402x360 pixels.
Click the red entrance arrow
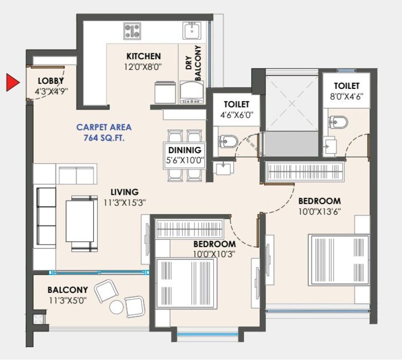[x=12, y=83]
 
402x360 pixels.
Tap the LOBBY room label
[x=50, y=81]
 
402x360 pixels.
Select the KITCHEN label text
[x=143, y=56]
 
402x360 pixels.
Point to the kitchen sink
[x=191, y=31]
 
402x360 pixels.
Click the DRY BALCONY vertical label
[x=194, y=63]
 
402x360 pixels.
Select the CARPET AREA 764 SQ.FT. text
[x=104, y=132]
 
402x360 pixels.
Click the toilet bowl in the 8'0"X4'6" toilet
[x=338, y=122]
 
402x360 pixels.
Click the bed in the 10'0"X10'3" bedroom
[x=186, y=283]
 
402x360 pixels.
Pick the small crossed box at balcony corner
[x=37, y=320]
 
